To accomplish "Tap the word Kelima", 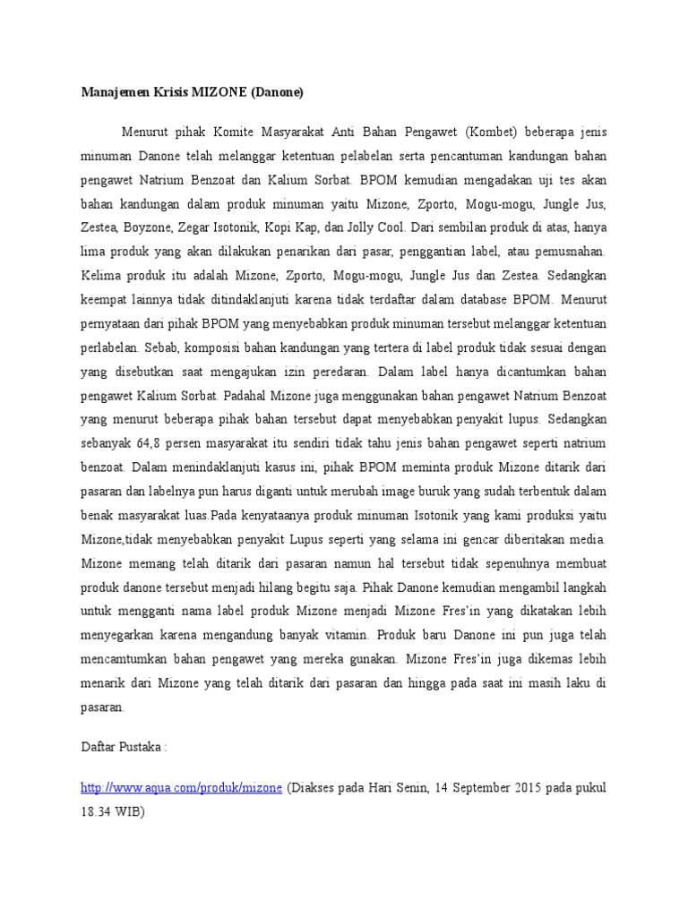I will [100, 276].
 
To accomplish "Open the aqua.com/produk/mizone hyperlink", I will [182, 787].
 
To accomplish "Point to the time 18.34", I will [96, 811].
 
